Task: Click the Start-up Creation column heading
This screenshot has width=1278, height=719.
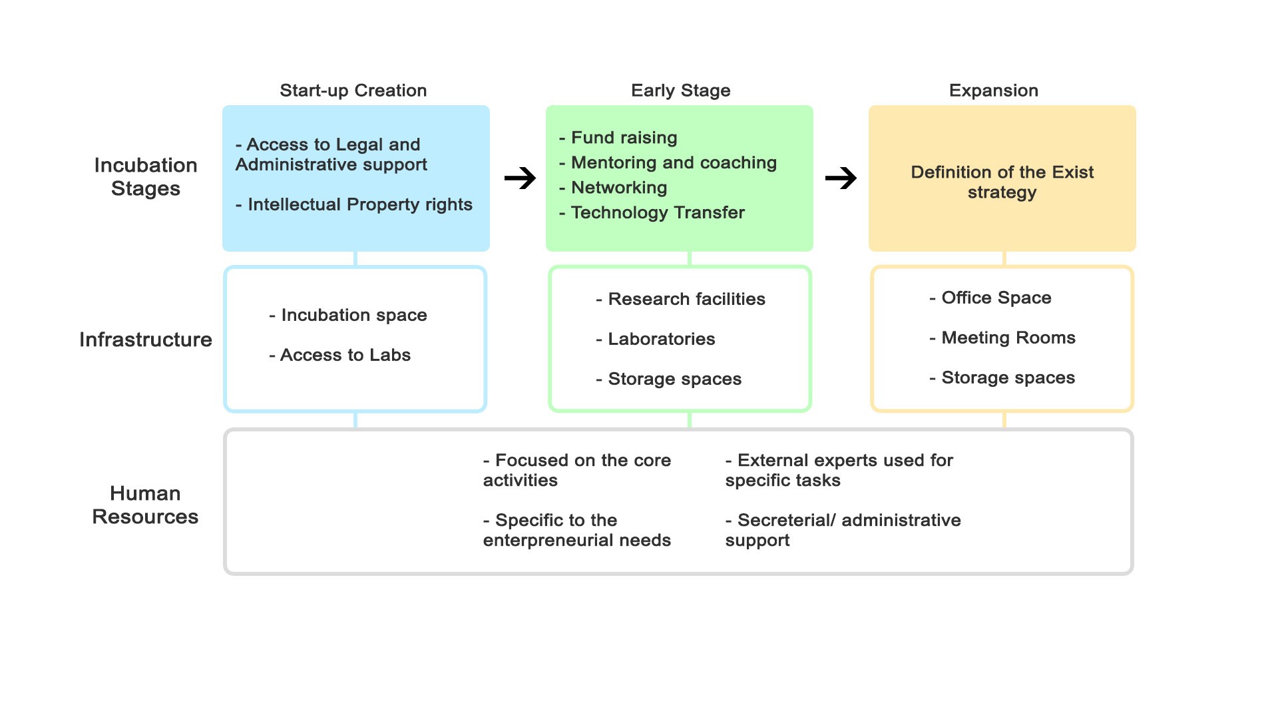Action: click(353, 91)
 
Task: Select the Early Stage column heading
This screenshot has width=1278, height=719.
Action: click(680, 91)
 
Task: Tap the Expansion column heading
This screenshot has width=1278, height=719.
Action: click(993, 91)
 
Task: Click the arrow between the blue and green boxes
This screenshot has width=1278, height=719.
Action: click(520, 178)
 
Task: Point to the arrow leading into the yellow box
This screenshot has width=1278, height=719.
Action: click(841, 178)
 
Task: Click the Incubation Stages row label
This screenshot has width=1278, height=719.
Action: click(146, 177)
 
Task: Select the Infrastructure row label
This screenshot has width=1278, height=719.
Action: click(146, 340)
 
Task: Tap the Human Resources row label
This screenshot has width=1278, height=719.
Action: click(145, 505)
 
